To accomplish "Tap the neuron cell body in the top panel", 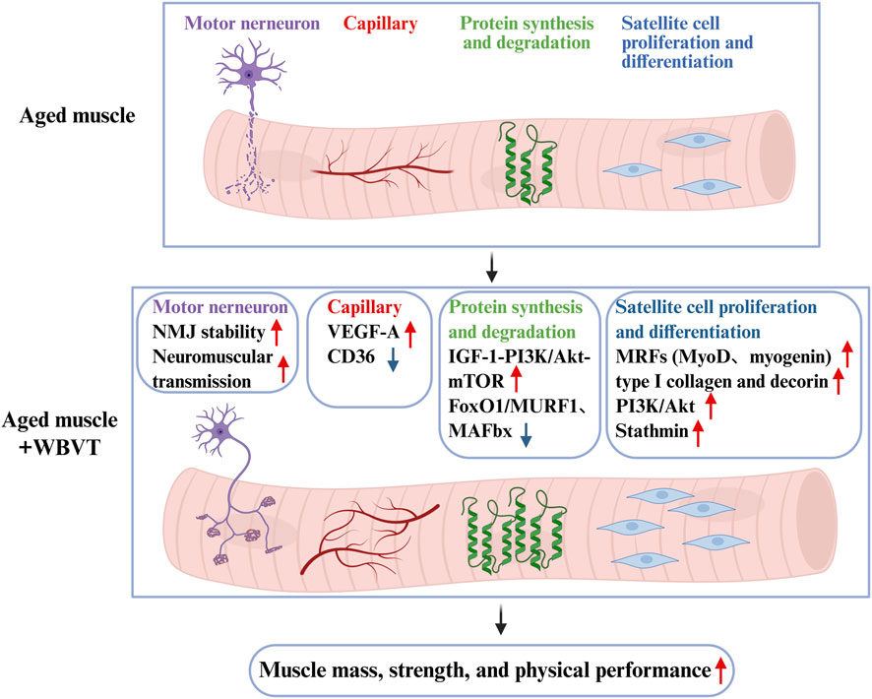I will (253, 75).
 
